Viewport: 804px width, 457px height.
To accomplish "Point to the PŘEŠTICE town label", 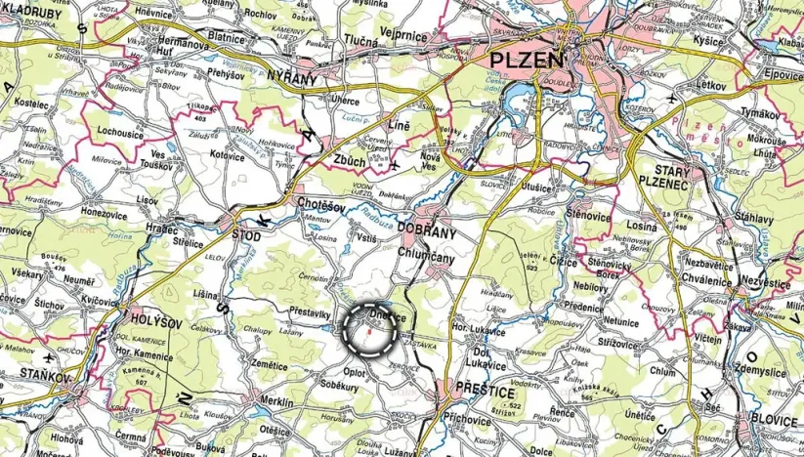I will (x=485, y=391).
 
